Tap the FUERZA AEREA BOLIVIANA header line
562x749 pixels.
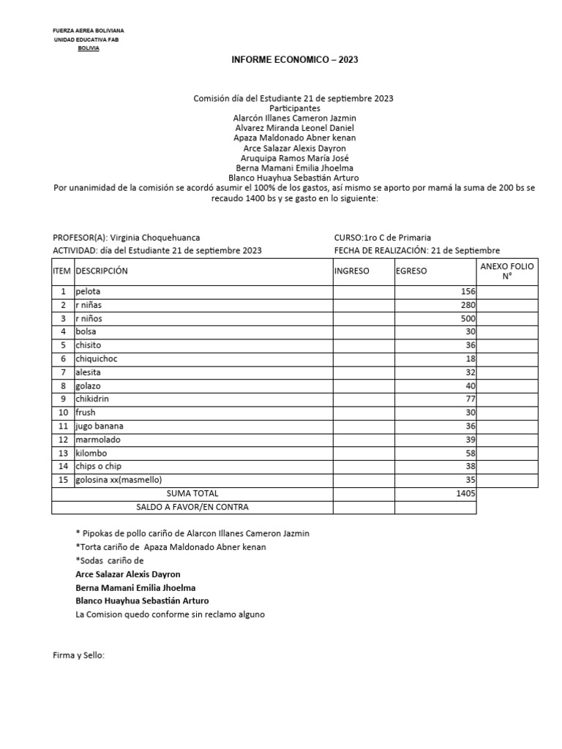[x=89, y=31]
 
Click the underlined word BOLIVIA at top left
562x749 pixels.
[x=89, y=48]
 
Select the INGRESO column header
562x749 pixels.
[x=352, y=271]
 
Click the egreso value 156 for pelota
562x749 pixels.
[x=468, y=292]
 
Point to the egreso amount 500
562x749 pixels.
[x=468, y=319]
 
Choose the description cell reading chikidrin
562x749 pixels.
[x=95, y=399]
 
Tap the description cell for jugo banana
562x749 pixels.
[x=100, y=426]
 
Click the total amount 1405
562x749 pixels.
[x=466, y=494]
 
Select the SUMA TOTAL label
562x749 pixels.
[x=192, y=494]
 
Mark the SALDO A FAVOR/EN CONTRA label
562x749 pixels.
[x=192, y=507]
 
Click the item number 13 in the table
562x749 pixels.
[x=63, y=453]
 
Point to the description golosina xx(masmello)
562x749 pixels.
[x=119, y=481]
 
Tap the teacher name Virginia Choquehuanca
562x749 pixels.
[x=154, y=238]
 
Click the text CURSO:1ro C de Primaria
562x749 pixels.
[x=382, y=238]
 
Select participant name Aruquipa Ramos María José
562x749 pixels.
[x=295, y=158]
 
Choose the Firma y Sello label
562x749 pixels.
[x=79, y=655]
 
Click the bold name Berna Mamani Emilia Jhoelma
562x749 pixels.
[x=135, y=587]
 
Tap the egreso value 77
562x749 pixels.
[x=471, y=399]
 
